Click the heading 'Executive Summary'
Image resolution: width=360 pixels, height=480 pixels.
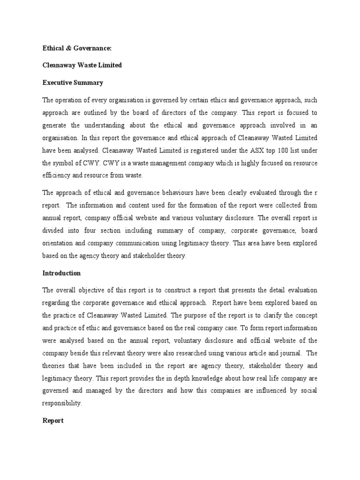[x=73, y=83]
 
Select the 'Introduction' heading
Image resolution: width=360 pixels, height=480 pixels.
[x=61, y=273]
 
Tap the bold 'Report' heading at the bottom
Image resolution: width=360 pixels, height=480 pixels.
[x=53, y=420]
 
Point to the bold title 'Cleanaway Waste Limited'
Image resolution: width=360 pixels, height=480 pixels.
[x=82, y=65]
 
